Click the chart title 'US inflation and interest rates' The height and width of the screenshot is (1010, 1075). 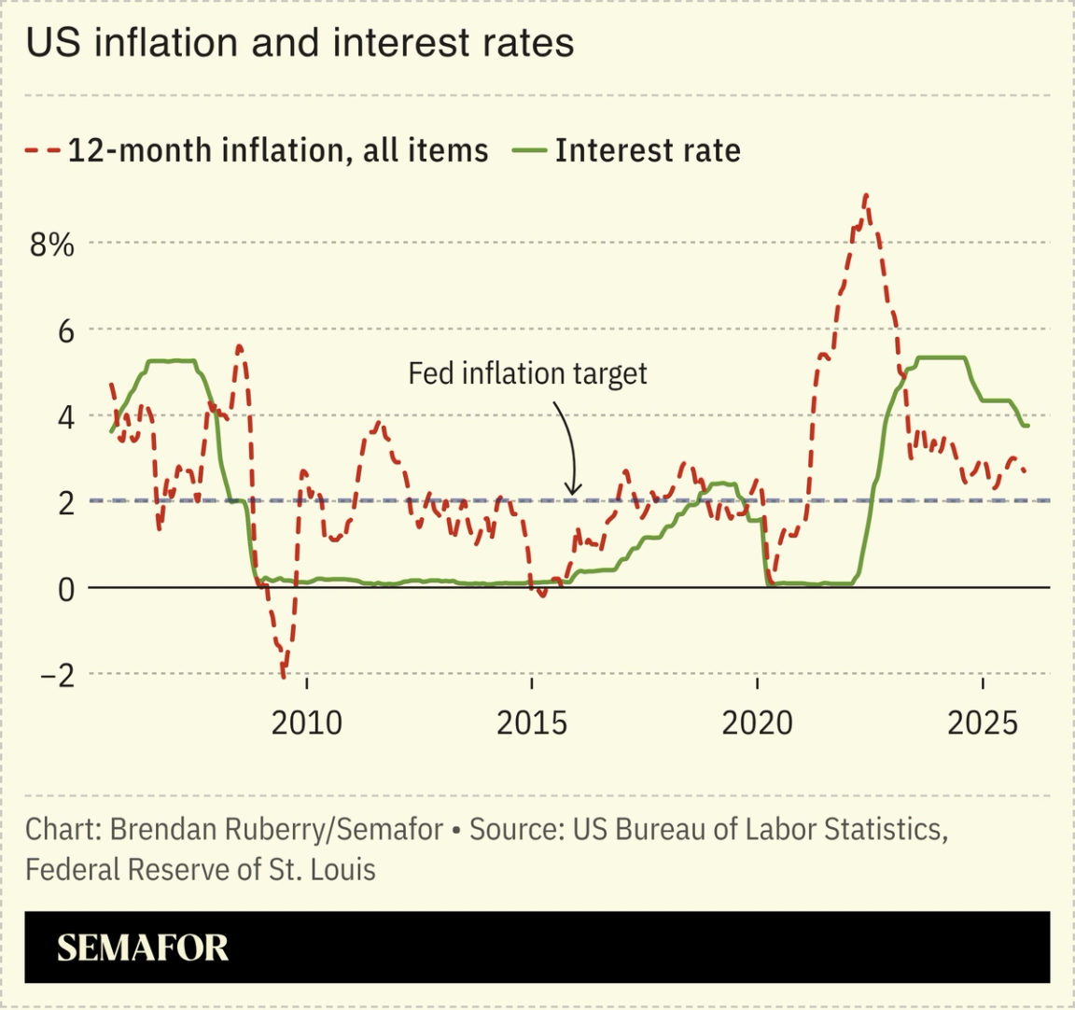tap(300, 43)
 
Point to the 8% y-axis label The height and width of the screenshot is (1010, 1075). tap(51, 245)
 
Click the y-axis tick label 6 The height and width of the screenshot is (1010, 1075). tap(65, 330)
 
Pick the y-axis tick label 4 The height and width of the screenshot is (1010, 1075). tap(65, 416)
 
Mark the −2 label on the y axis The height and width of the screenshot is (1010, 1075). tap(57, 675)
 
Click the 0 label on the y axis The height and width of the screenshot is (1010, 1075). tap(65, 589)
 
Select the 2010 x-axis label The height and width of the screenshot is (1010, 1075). tap(306, 722)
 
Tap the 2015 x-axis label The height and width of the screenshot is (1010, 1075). tap(531, 722)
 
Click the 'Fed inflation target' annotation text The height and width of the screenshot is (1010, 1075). tap(527, 373)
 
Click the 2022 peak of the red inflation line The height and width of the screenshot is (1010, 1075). tap(866, 195)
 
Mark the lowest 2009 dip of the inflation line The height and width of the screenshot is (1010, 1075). tap(284, 674)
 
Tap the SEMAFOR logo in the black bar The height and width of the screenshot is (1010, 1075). tap(143, 947)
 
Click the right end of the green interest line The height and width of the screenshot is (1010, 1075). tap(1027, 426)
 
